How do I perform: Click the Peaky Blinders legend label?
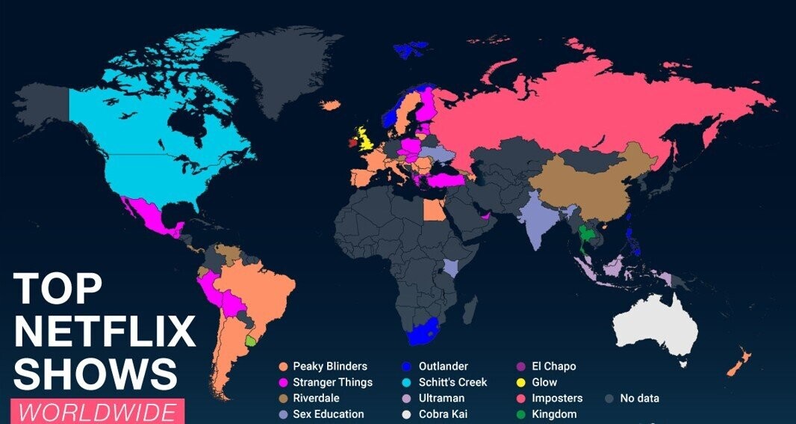(x=329, y=366)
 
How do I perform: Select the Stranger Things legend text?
(x=332, y=382)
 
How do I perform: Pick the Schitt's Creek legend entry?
(x=453, y=382)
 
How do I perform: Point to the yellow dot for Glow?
(x=520, y=382)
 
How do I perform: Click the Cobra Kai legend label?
(x=446, y=414)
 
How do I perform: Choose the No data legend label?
(x=639, y=398)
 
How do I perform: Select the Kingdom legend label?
(x=553, y=414)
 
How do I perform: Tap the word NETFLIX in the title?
(x=105, y=331)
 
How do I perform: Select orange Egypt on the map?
(x=434, y=209)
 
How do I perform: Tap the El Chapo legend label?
(x=553, y=366)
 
